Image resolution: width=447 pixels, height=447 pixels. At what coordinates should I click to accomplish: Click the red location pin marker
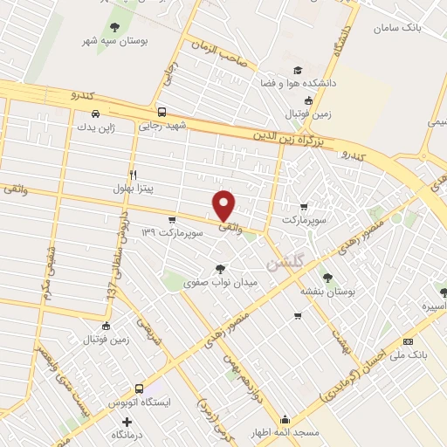tap(224, 205)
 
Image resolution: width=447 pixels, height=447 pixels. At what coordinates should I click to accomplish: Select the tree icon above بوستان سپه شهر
tap(115, 26)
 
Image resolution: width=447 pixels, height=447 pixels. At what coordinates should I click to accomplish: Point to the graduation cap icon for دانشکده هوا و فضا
tap(297, 70)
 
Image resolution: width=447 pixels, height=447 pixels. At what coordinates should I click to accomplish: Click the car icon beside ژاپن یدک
tap(95, 113)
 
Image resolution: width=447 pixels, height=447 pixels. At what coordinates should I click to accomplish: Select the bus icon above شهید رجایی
tap(162, 112)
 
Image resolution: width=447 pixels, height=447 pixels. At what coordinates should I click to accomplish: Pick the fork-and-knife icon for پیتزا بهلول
tap(133, 174)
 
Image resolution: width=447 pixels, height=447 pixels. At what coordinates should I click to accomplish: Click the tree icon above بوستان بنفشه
tap(327, 277)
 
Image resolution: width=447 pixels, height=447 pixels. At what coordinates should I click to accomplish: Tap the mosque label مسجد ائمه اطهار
tap(288, 432)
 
